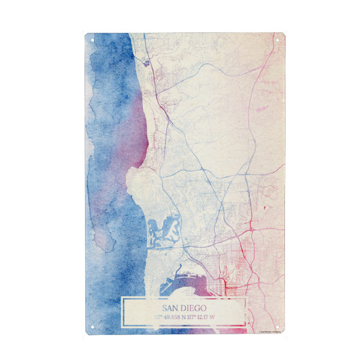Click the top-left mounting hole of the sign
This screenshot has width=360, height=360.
pyautogui.click(x=92, y=40)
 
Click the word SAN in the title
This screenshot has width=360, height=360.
pyautogui.click(x=166, y=308)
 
